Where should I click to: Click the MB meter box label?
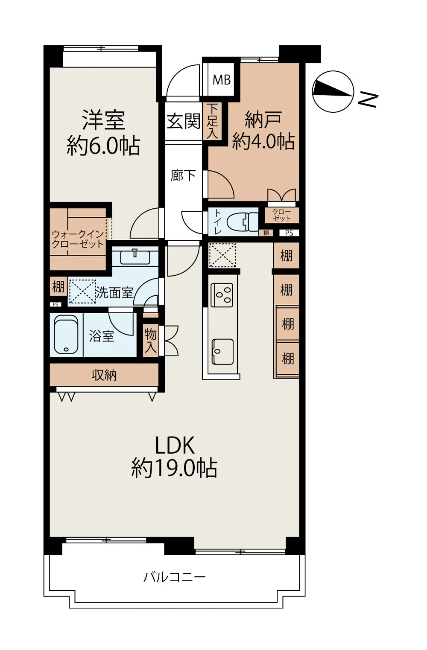(x=222, y=80)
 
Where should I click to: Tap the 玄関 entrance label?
(x=184, y=121)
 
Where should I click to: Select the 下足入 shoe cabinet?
(x=213, y=121)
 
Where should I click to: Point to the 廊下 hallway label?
(x=183, y=175)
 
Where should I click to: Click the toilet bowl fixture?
(x=243, y=222)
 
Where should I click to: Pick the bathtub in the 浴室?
(x=66, y=334)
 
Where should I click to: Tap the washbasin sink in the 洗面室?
(x=135, y=257)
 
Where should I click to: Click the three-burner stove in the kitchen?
(x=222, y=295)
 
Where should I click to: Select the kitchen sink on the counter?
(x=222, y=352)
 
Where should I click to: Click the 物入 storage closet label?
(x=151, y=341)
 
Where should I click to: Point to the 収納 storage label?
(x=104, y=375)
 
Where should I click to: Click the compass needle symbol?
(x=333, y=91)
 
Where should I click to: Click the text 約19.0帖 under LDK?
(x=175, y=468)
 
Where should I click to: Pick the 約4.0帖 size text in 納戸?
(x=263, y=141)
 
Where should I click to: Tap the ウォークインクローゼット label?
(x=78, y=239)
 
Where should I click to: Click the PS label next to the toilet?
(x=289, y=233)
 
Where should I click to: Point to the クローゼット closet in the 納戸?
(x=281, y=215)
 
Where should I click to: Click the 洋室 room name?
(x=104, y=120)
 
